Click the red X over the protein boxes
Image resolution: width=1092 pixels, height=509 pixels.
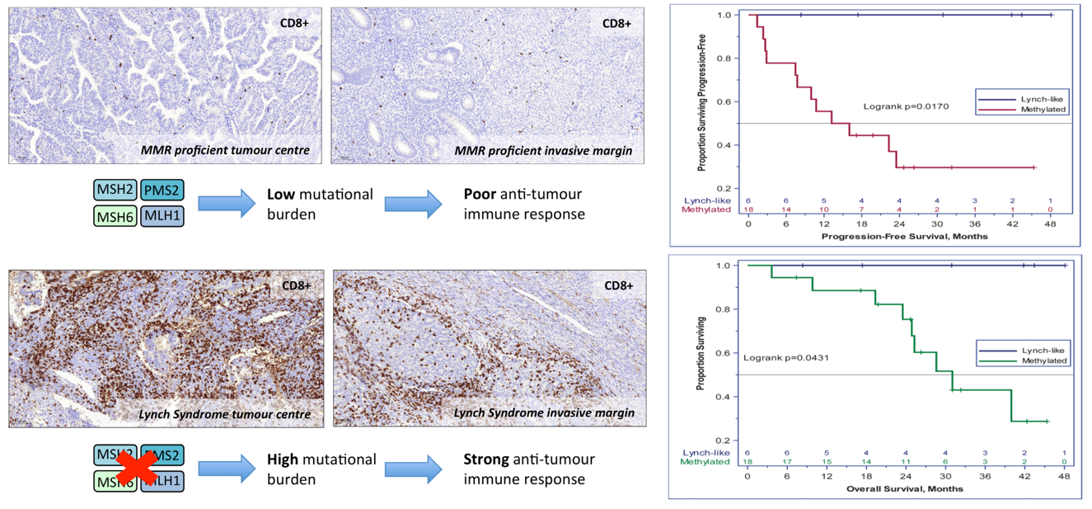click(x=136, y=468)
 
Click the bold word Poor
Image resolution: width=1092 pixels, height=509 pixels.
click(x=482, y=196)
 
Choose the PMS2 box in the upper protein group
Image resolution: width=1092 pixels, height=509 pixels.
click(x=162, y=191)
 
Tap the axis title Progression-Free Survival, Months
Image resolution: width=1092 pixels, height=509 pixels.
click(x=905, y=237)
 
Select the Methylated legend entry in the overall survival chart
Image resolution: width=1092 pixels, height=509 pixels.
click(x=1044, y=361)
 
